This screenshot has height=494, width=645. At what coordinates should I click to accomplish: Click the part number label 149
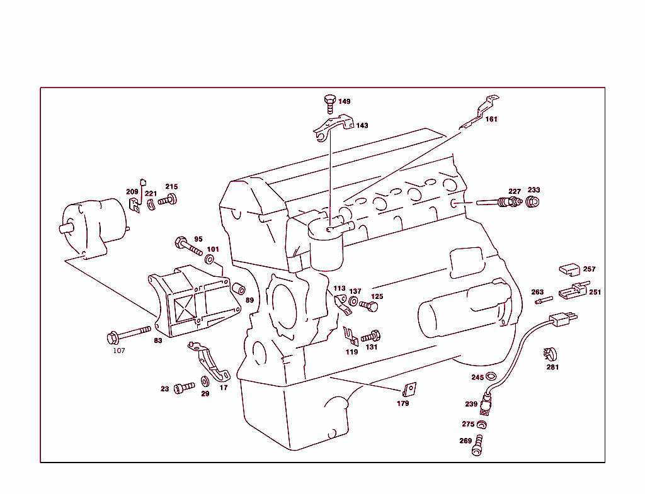345,101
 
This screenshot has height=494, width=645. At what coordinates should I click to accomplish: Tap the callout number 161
491,119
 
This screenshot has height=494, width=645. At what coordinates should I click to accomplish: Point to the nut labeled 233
532,202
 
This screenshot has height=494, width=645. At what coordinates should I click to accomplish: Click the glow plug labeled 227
501,202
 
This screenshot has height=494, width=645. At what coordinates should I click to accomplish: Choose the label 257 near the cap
589,269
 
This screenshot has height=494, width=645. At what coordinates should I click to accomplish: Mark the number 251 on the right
595,292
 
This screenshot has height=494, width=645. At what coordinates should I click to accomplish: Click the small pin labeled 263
543,301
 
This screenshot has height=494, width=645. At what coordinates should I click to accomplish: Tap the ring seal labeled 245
491,377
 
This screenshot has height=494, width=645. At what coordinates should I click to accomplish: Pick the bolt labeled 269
478,444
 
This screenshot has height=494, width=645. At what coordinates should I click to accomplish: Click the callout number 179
403,403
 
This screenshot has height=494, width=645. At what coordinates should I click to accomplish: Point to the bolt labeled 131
372,336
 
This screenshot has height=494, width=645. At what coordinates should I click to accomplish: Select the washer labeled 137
353,302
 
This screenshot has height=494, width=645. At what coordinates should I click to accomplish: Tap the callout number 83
157,340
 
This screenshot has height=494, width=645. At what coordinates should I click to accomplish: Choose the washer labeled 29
205,381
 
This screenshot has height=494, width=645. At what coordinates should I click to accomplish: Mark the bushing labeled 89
239,289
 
